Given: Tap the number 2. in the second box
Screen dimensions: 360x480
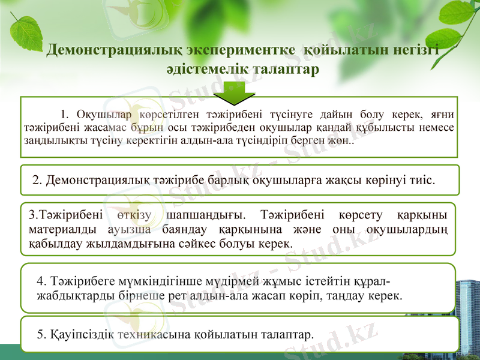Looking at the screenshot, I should [37, 179].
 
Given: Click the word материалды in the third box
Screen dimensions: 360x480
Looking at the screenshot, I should [55, 229].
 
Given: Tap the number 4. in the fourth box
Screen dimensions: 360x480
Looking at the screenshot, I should [41, 280].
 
